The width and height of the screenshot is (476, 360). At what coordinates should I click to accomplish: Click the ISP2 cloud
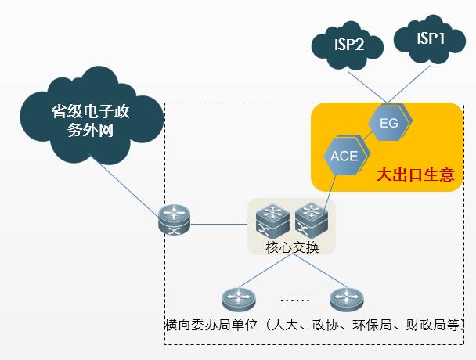pyautogui.click(x=348, y=45)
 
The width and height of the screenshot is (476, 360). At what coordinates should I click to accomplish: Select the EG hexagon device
pyautogui.click(x=389, y=123)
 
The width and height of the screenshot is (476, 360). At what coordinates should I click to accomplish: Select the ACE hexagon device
pyautogui.click(x=344, y=155)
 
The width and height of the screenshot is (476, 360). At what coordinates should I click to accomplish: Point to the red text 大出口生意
pyautogui.click(x=415, y=174)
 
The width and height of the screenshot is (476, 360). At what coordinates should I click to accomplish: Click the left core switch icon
pyautogui.click(x=273, y=220)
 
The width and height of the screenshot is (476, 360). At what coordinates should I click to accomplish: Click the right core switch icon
pyautogui.click(x=310, y=220)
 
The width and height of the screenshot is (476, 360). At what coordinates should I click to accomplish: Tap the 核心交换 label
pyautogui.click(x=292, y=248)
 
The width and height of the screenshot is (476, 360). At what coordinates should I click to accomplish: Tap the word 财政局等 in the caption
pyautogui.click(x=438, y=325)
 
